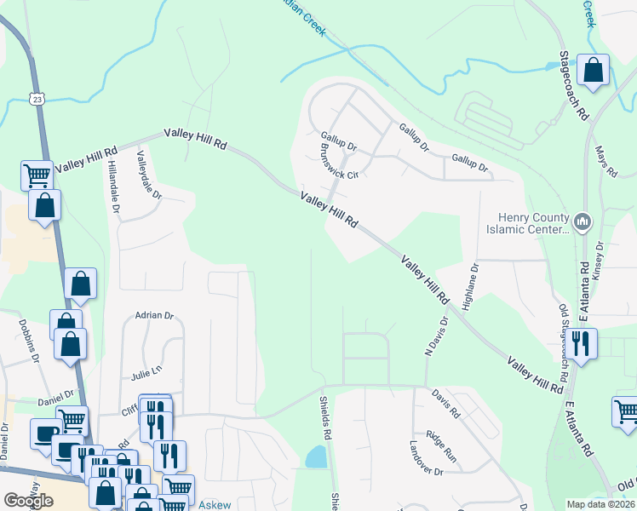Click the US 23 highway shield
37,100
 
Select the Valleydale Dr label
149,175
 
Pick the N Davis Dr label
436,337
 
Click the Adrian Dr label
154,315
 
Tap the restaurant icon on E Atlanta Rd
582,343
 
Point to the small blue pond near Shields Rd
316,457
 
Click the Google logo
28,501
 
